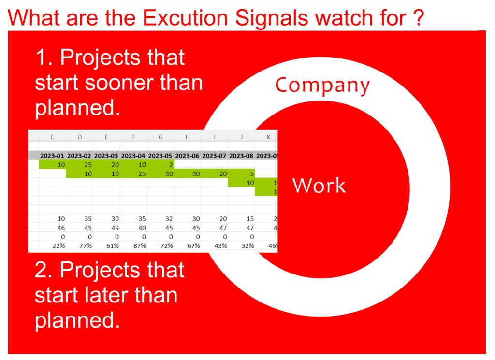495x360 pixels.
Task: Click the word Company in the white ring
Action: [322, 86]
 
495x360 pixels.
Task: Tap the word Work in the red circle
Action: [319, 185]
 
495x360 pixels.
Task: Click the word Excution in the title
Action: [185, 18]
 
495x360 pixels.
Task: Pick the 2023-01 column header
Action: [52, 156]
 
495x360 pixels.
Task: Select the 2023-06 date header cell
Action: [187, 156]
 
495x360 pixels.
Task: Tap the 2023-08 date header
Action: [241, 156]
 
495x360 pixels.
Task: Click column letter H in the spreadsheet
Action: [188, 137]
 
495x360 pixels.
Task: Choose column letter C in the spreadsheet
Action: [52, 137]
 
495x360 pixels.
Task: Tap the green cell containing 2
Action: [160, 164]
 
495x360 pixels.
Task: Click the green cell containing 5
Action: [242, 173]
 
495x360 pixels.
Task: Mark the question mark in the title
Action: [418, 18]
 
